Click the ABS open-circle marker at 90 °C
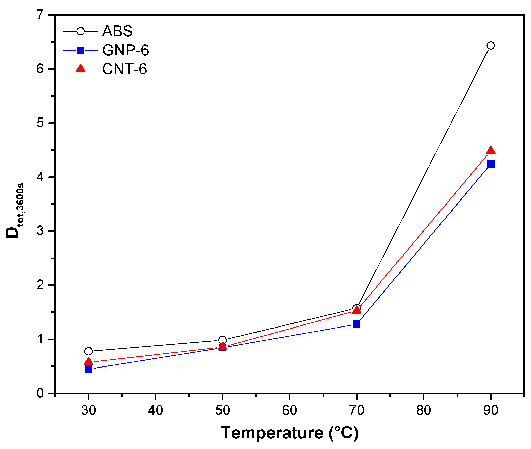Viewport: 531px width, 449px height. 490,46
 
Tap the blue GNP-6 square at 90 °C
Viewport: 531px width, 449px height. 490,164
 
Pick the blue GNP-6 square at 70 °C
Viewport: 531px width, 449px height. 357,324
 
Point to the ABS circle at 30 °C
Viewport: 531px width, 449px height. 88,351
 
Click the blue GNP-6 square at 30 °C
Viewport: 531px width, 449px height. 88,369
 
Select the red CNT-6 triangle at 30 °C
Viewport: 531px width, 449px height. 88,362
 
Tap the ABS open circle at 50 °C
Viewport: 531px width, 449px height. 222,340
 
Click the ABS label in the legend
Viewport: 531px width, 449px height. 117,31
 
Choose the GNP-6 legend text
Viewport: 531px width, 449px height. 125,50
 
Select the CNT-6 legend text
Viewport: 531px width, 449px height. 124,69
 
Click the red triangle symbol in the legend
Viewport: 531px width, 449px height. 81,68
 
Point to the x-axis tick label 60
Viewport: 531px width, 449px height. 290,410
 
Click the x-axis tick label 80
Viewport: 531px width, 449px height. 424,410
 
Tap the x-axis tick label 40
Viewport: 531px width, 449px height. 155,410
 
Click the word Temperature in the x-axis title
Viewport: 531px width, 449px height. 272,433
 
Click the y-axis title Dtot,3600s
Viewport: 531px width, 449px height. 15,211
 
